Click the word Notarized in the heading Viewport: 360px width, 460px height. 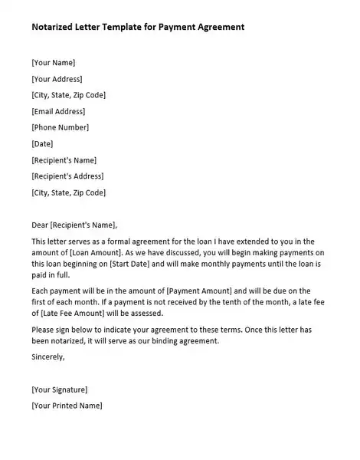[54, 27]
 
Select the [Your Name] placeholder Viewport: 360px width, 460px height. [54, 62]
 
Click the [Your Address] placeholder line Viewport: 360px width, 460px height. [57, 78]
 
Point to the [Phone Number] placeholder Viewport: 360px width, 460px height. [60, 127]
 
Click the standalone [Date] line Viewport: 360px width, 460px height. [43, 143]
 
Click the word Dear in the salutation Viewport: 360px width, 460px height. [40, 225]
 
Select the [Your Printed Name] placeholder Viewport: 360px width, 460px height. [67, 405]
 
